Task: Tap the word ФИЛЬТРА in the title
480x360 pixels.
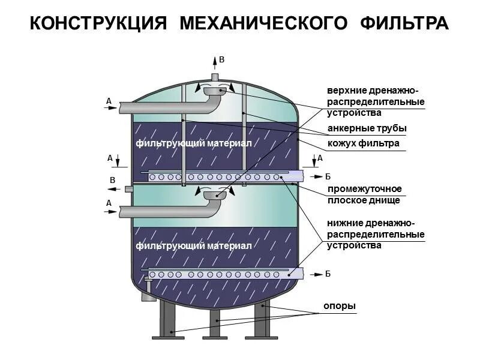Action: pyautogui.click(x=405, y=23)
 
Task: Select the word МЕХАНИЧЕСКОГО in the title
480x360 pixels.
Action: pyautogui.click(x=264, y=23)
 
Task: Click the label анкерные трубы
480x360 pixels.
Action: pyautogui.click(x=367, y=128)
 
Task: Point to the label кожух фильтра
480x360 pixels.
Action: pyautogui.click(x=363, y=144)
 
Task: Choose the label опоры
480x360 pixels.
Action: pyautogui.click(x=340, y=307)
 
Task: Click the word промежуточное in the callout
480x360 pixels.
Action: pyautogui.click(x=364, y=189)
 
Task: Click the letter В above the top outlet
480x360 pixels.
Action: pyautogui.click(x=221, y=59)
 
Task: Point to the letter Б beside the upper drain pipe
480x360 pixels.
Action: pyautogui.click(x=328, y=176)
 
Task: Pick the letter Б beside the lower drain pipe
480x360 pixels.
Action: pyautogui.click(x=328, y=274)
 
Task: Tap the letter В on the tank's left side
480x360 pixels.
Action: pyautogui.click(x=112, y=180)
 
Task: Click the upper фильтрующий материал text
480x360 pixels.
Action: pyautogui.click(x=193, y=143)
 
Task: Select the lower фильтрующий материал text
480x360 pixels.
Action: pyautogui.click(x=193, y=246)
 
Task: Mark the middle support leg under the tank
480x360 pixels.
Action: pyautogui.click(x=215, y=324)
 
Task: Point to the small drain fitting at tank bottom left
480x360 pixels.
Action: pyautogui.click(x=145, y=295)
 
